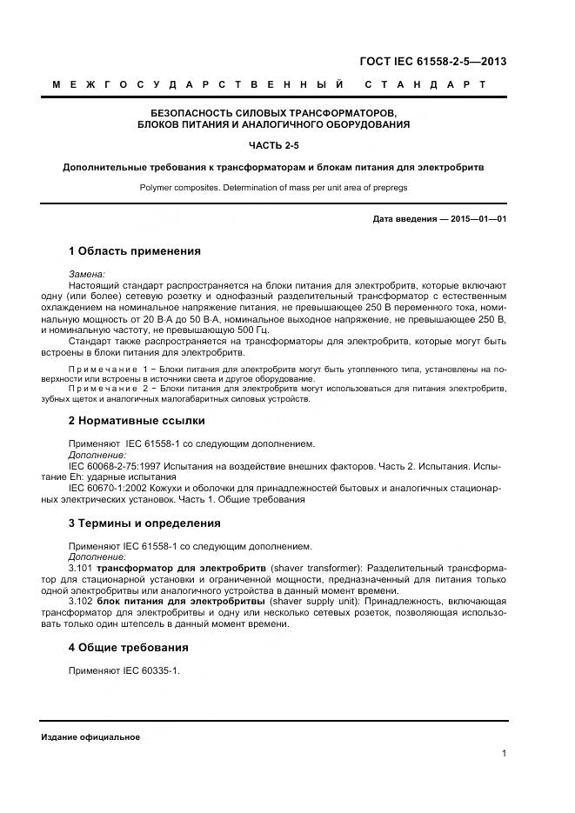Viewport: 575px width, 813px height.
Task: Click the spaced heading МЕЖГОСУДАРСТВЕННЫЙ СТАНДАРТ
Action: click(269, 85)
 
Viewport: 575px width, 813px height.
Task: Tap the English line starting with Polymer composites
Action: click(273, 187)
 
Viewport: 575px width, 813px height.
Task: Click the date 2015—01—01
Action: click(478, 219)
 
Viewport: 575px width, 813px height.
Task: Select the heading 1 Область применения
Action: click(134, 251)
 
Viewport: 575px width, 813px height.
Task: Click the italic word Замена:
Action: click(86, 274)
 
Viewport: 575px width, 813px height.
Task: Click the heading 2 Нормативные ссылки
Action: click(137, 421)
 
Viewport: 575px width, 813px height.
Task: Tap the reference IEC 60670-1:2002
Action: click(109, 489)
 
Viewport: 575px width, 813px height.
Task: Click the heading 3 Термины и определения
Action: click(144, 523)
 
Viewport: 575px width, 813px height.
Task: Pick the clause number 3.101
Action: click(80, 568)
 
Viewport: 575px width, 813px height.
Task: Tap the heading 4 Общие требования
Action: click(128, 648)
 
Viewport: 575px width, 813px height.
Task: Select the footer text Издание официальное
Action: click(90, 737)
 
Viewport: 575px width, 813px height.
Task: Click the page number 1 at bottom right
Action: click(504, 754)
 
